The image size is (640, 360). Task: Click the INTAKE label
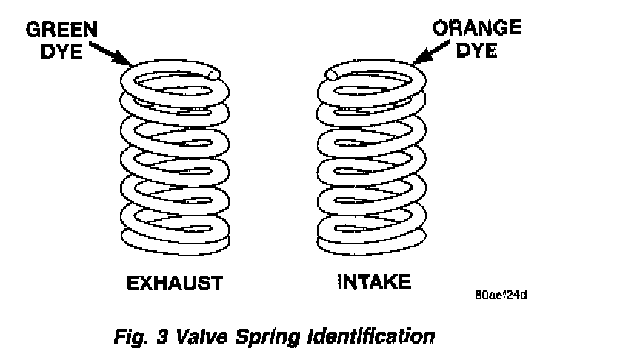(373, 282)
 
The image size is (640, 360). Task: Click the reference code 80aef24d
(501, 294)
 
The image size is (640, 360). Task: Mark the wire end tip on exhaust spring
(214, 74)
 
